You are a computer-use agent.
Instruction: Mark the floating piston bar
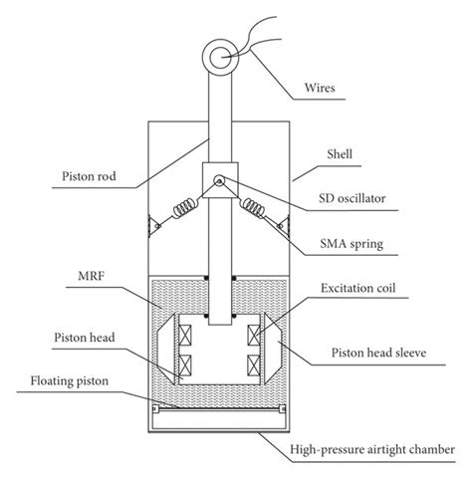coord(218,407)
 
